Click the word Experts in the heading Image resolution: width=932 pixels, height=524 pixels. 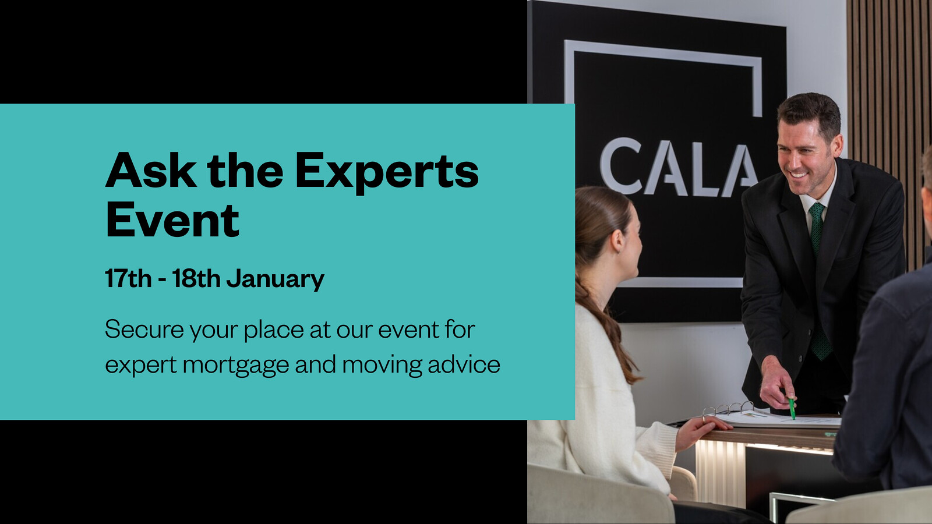387,172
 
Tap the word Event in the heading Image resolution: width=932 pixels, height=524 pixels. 172,219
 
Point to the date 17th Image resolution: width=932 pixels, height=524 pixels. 128,278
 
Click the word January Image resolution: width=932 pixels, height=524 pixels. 275,279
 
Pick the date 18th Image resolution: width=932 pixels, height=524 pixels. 196,278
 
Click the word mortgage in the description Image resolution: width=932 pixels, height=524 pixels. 236,365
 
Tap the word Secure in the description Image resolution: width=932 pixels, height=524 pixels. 144,329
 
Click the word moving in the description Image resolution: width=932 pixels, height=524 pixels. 382,365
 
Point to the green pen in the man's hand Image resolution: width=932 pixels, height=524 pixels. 792,408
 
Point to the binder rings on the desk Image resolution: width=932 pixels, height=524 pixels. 728,408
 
